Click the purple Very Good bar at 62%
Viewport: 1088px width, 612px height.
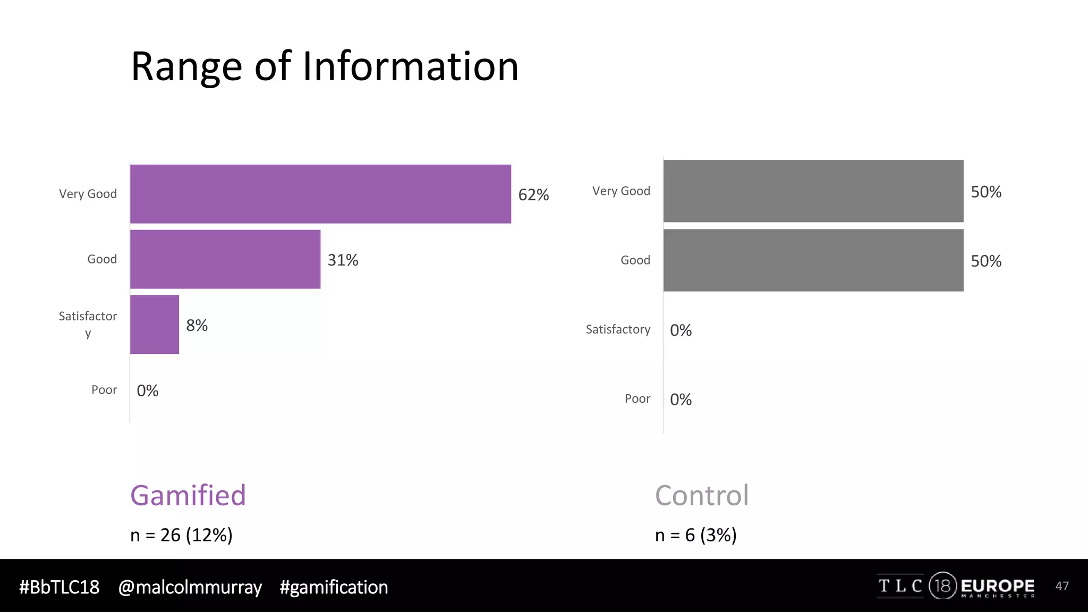(320, 194)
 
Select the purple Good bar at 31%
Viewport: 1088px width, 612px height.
(225, 259)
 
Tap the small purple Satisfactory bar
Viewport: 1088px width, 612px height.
(155, 325)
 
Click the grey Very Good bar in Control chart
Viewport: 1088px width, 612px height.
(813, 191)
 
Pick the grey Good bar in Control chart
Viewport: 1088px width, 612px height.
(813, 260)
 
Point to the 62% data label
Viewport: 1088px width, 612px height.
(533, 195)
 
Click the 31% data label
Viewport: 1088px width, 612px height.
(343, 260)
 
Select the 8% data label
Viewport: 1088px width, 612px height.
(197, 325)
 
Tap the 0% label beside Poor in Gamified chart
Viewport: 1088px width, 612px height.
(148, 391)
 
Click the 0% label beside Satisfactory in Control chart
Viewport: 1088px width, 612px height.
(681, 330)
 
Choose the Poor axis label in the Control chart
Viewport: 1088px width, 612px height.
(637, 398)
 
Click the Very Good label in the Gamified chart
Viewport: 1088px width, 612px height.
(88, 194)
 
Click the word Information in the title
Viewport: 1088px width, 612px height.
(410, 66)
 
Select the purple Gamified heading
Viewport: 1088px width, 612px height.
(188, 495)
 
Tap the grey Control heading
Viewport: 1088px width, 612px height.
(702, 495)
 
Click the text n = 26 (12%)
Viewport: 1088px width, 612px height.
(181, 535)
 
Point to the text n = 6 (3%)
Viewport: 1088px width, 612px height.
(695, 535)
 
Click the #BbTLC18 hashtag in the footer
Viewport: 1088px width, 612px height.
(59, 587)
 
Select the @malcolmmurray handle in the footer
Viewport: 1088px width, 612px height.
(190, 587)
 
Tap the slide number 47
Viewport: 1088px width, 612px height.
(1062, 586)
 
